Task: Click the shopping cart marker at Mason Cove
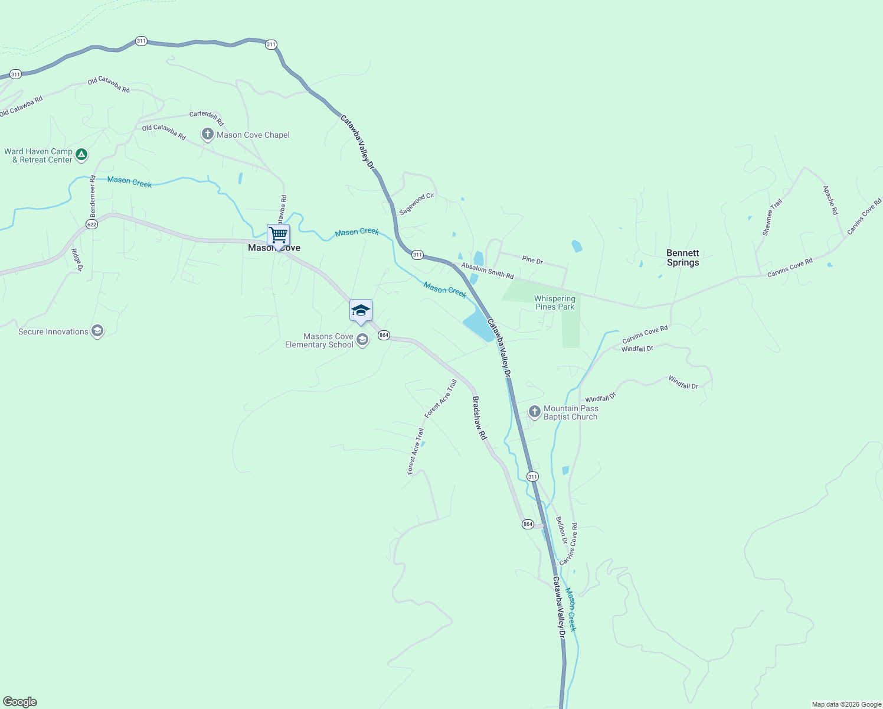point(278,235)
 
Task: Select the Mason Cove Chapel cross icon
point(207,135)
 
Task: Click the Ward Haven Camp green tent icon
point(81,155)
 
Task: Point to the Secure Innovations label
point(53,331)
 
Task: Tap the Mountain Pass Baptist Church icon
point(534,412)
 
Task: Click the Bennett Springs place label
point(682,258)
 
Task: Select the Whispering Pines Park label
point(554,303)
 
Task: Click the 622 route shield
point(91,225)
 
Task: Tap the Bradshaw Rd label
point(479,418)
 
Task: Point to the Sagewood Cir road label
point(417,204)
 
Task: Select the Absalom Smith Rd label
point(488,271)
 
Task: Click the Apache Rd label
point(830,200)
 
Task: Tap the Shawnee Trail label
point(772,217)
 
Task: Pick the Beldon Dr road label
point(561,530)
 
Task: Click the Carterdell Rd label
point(207,118)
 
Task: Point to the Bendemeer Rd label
point(93,196)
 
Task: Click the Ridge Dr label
point(77,260)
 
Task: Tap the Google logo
point(20,702)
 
